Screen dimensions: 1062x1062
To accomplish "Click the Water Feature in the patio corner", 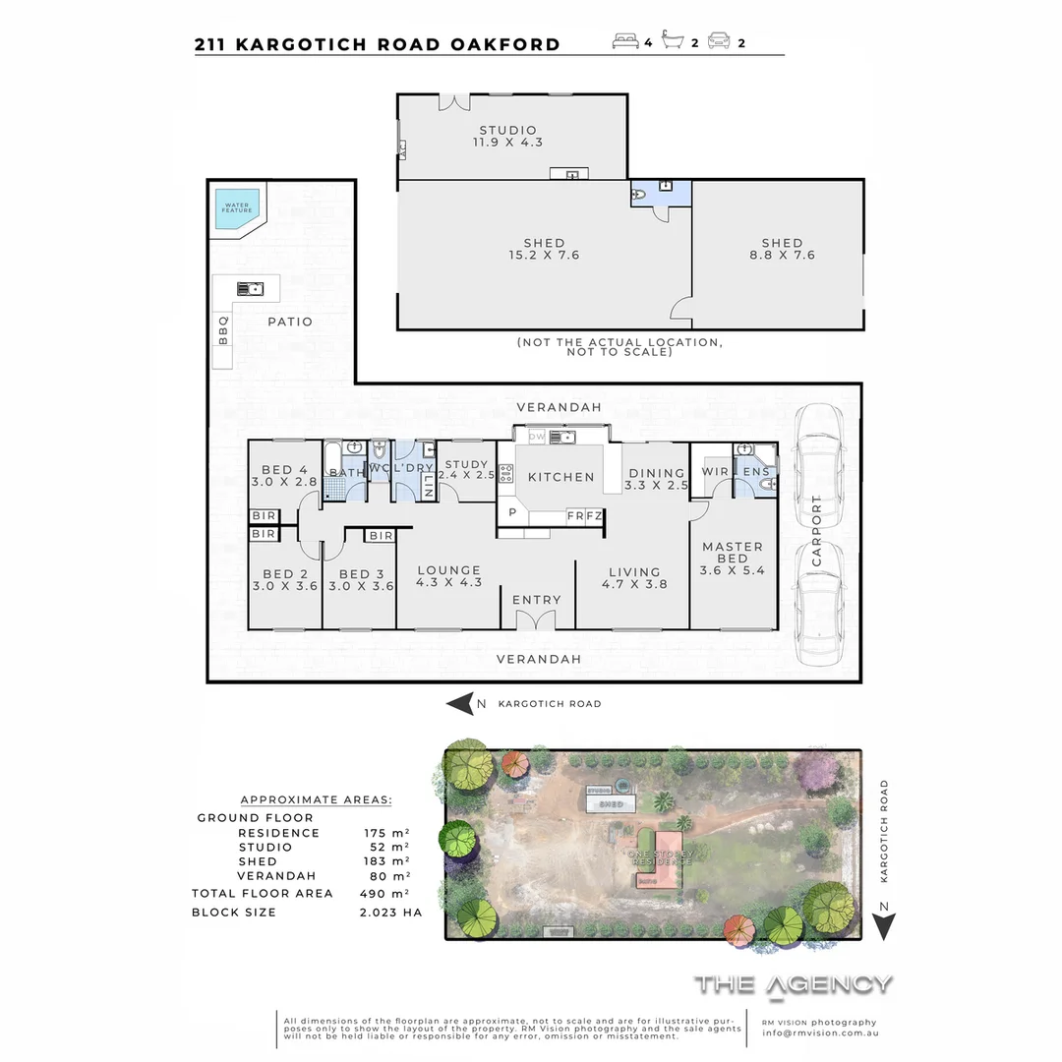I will point(237,209).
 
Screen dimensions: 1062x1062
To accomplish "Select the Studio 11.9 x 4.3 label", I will point(507,137).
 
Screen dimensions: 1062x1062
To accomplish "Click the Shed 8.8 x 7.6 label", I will point(782,249).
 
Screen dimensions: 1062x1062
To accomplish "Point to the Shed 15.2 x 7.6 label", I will point(544,249).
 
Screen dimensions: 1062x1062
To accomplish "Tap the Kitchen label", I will point(561,477).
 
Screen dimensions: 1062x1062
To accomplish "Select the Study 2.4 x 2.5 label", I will point(466,469).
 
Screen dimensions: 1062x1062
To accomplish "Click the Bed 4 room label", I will point(284,475).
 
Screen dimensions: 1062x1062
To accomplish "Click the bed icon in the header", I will point(624,42).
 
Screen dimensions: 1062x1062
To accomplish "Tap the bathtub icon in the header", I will point(674,42).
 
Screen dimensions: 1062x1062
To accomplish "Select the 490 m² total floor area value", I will point(385,894).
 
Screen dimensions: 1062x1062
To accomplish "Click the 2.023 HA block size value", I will point(390,913).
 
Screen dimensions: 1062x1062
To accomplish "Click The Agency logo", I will point(794,984).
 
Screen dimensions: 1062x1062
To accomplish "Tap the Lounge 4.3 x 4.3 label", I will point(448,576).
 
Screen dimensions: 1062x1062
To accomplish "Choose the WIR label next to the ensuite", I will point(715,472).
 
